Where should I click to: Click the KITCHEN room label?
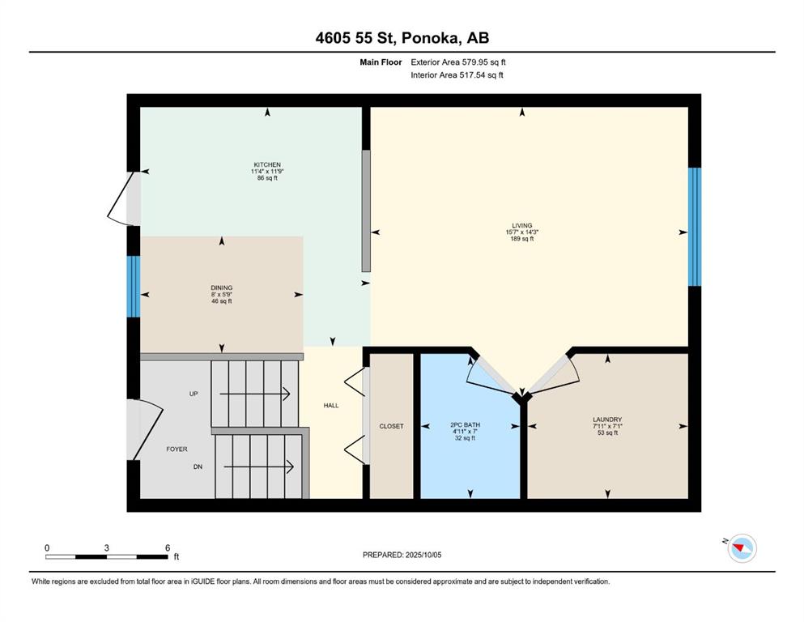(267, 164)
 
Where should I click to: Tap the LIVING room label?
(522, 225)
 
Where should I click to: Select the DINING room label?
(222, 288)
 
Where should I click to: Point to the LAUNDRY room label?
(607, 420)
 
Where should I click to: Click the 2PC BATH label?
(465, 425)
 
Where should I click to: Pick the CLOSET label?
(391, 426)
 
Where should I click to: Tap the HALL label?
(331, 406)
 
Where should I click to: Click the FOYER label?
(177, 449)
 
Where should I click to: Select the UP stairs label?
(194, 394)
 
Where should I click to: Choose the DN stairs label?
(198, 466)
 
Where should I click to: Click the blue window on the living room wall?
(694, 227)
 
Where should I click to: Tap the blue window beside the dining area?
(134, 286)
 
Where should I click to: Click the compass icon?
(742, 548)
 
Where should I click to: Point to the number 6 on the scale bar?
(168, 547)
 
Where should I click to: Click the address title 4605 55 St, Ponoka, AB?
(402, 38)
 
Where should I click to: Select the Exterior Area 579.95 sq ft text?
(458, 62)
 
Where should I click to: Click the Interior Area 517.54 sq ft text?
(457, 75)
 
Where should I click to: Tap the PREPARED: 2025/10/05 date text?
(402, 555)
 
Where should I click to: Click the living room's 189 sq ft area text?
(522, 238)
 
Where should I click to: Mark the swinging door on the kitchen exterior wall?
(123, 198)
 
